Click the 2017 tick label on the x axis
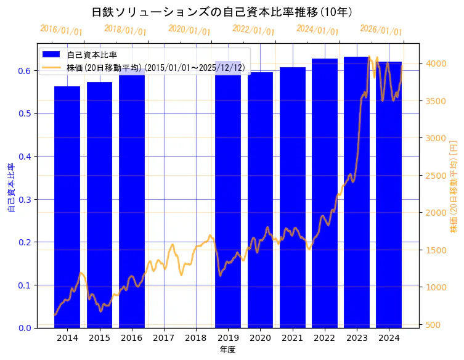coord(164,338)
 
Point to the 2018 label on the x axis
coord(196,338)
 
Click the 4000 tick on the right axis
coord(436,63)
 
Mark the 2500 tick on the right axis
coord(436,176)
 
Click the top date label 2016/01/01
coord(61,30)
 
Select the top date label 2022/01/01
coord(253,30)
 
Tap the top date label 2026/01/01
coord(381,30)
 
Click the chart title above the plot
coord(222,12)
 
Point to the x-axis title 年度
coord(227,350)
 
